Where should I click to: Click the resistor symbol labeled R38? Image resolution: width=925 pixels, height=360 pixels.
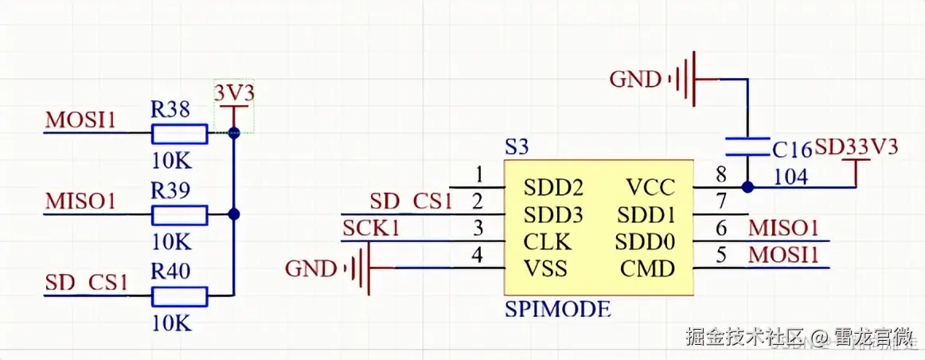coord(179,133)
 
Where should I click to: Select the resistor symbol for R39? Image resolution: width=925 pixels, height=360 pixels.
coord(179,215)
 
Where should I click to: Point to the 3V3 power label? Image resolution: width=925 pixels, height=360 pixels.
coord(235,93)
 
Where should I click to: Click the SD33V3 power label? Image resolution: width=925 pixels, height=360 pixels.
coord(857,147)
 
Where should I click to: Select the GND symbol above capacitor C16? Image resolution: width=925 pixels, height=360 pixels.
coord(689,79)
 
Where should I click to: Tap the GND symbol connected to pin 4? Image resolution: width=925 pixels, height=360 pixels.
coord(363,268)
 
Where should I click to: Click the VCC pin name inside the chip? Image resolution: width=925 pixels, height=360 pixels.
coord(650,188)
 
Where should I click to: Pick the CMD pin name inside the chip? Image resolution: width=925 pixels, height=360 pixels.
coord(647,269)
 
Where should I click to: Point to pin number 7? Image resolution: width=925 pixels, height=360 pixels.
coord(722,201)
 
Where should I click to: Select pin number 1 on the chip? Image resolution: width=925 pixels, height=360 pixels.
coord(478,174)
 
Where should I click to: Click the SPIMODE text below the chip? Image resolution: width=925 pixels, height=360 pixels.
coord(558,309)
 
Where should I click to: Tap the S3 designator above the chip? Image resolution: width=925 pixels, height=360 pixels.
coord(517,147)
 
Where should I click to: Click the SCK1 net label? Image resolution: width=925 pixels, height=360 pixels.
coord(373,229)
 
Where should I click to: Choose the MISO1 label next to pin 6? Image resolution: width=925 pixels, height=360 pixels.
coord(783,228)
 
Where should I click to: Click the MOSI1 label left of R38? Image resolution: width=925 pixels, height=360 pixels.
coord(80,119)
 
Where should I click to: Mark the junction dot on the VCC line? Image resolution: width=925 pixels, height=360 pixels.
coord(747,188)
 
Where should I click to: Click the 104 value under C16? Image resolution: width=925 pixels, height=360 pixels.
coord(790,177)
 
